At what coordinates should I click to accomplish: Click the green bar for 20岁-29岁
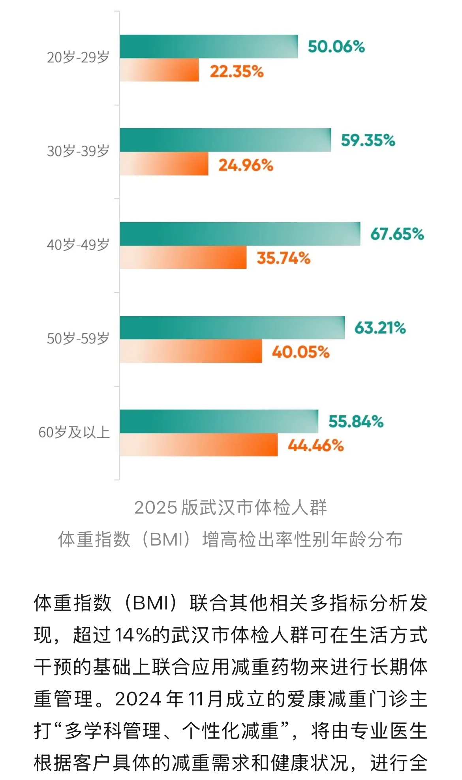[209, 47]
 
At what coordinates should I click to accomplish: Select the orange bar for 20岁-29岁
[159, 70]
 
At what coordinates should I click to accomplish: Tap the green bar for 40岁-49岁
[240, 234]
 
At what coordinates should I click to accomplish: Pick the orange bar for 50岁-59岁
[191, 351]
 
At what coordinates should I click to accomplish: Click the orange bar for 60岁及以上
[199, 445]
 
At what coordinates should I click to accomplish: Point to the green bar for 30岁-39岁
[225, 140]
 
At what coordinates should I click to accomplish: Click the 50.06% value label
[336, 47]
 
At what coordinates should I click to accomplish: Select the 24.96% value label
[246, 165]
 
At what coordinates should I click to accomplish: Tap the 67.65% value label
[397, 234]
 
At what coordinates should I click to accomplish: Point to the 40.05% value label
[300, 352]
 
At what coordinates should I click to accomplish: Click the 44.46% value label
[316, 446]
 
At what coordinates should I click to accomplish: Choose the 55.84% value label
[356, 422]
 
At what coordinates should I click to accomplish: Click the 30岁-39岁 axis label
[78, 151]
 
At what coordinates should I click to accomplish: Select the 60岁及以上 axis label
[74, 433]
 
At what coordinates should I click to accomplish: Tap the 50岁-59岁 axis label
[78, 339]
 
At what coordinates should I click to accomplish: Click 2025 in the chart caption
[156, 508]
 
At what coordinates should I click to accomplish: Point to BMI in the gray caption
[166, 540]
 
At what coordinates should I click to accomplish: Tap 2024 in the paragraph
[138, 699]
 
